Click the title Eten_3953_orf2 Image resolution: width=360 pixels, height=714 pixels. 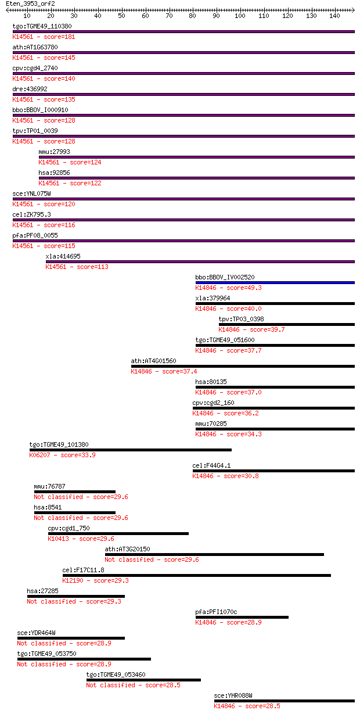(30, 4)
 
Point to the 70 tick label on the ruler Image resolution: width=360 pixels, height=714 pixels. (169, 16)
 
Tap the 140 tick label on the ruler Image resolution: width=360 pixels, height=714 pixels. (334, 16)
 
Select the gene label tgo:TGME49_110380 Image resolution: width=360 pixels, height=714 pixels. (42, 26)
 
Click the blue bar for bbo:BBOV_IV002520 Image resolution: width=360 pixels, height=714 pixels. (275, 282)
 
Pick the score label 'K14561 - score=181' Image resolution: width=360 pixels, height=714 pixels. (44, 37)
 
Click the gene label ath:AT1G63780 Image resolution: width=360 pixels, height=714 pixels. (35, 47)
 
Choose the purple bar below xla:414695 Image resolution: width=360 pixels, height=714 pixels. (200, 261)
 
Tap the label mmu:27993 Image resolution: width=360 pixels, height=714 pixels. (54, 152)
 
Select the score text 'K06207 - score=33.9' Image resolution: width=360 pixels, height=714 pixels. (63, 455)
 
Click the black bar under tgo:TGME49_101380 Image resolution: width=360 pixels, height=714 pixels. (130, 450)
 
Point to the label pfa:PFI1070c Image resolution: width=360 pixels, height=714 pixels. (216, 612)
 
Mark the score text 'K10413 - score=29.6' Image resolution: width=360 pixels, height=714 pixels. (81, 539)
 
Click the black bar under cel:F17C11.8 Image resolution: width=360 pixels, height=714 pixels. (197, 575)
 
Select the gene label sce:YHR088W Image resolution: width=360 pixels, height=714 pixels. (233, 695)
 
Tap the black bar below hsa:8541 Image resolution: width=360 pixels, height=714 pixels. (74, 512)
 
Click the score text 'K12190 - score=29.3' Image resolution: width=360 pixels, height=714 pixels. (96, 580)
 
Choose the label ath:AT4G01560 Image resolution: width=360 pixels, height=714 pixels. (153, 361)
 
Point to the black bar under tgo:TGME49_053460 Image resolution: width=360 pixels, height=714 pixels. (143, 680)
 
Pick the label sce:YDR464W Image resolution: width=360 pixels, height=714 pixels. (37, 633)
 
